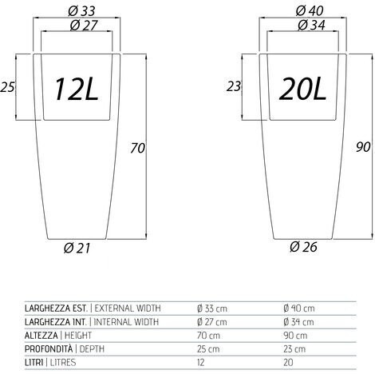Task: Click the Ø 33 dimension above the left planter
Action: point(81,11)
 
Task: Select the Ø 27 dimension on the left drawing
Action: point(84,26)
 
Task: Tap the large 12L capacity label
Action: point(76,89)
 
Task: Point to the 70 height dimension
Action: point(137,148)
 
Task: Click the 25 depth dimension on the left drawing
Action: point(7,87)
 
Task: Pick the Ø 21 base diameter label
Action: point(77,248)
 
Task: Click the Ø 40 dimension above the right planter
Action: point(310,11)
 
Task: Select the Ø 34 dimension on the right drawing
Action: point(311,26)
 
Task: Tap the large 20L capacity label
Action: point(302,89)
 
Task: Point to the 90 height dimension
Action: point(363,147)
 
